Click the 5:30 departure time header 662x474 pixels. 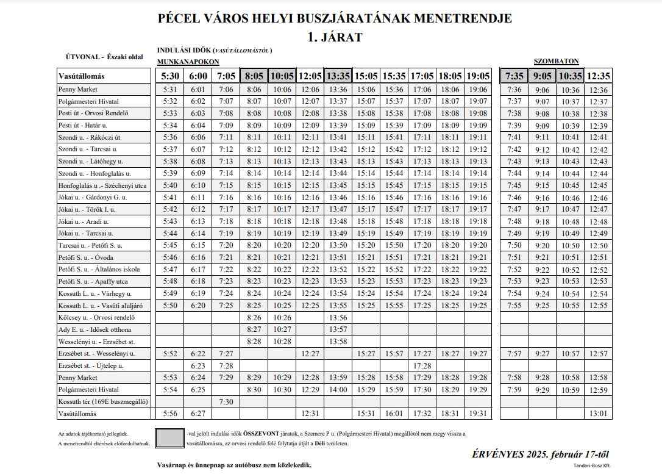click(170, 76)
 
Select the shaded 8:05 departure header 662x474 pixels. click(254, 76)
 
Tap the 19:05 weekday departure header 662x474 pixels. click(479, 76)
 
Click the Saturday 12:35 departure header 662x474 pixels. click(599, 76)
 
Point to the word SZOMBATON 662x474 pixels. click(556, 61)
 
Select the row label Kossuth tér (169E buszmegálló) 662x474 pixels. click(103, 401)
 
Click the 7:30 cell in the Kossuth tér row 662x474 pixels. click(226, 401)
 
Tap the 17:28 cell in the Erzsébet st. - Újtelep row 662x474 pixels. click(422, 365)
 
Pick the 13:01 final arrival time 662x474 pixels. click(599, 413)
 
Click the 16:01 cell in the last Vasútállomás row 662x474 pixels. click(394, 413)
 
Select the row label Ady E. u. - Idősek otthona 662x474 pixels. click(94, 329)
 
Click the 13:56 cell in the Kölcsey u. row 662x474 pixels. click(338, 317)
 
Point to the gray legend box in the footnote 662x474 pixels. click(169, 438)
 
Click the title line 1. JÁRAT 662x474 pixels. click(335, 37)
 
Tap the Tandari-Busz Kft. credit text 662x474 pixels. click(591, 465)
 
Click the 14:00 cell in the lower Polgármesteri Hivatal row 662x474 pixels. click(338, 389)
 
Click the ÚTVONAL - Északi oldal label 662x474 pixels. click(104, 57)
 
